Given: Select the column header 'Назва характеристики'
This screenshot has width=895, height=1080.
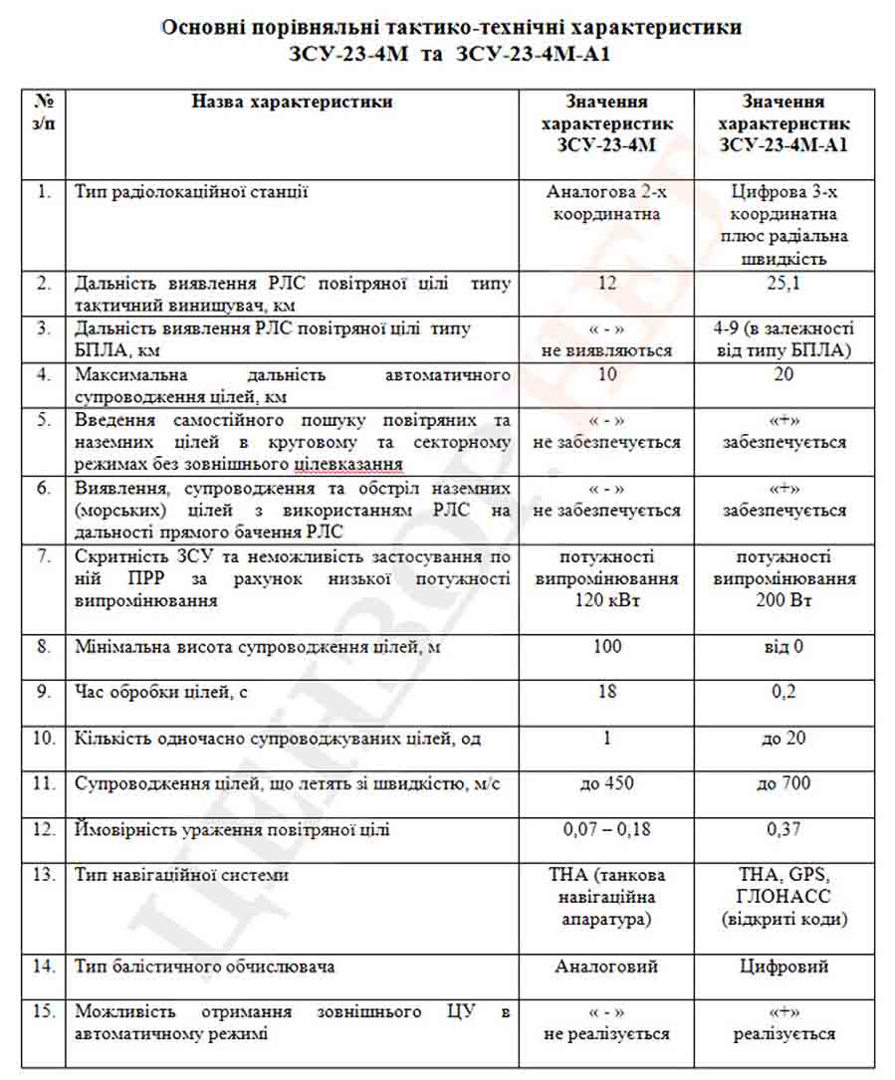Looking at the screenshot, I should point(292,102).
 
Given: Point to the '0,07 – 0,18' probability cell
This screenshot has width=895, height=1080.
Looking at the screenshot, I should point(606,829).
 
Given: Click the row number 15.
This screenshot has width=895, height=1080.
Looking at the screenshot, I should point(44,1011).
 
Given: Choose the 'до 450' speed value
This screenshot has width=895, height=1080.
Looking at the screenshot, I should point(606,784).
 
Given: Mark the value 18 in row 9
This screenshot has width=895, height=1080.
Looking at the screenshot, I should point(606,692).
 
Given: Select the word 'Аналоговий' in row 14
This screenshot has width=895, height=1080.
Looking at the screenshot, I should point(606,967).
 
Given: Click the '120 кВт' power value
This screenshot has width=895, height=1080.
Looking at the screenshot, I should point(606,601).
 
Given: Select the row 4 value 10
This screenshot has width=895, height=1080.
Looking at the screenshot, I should point(606,374).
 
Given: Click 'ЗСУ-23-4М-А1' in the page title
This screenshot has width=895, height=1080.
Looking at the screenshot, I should point(533,53).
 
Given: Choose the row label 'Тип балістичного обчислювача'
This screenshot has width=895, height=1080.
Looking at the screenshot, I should point(204,967).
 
